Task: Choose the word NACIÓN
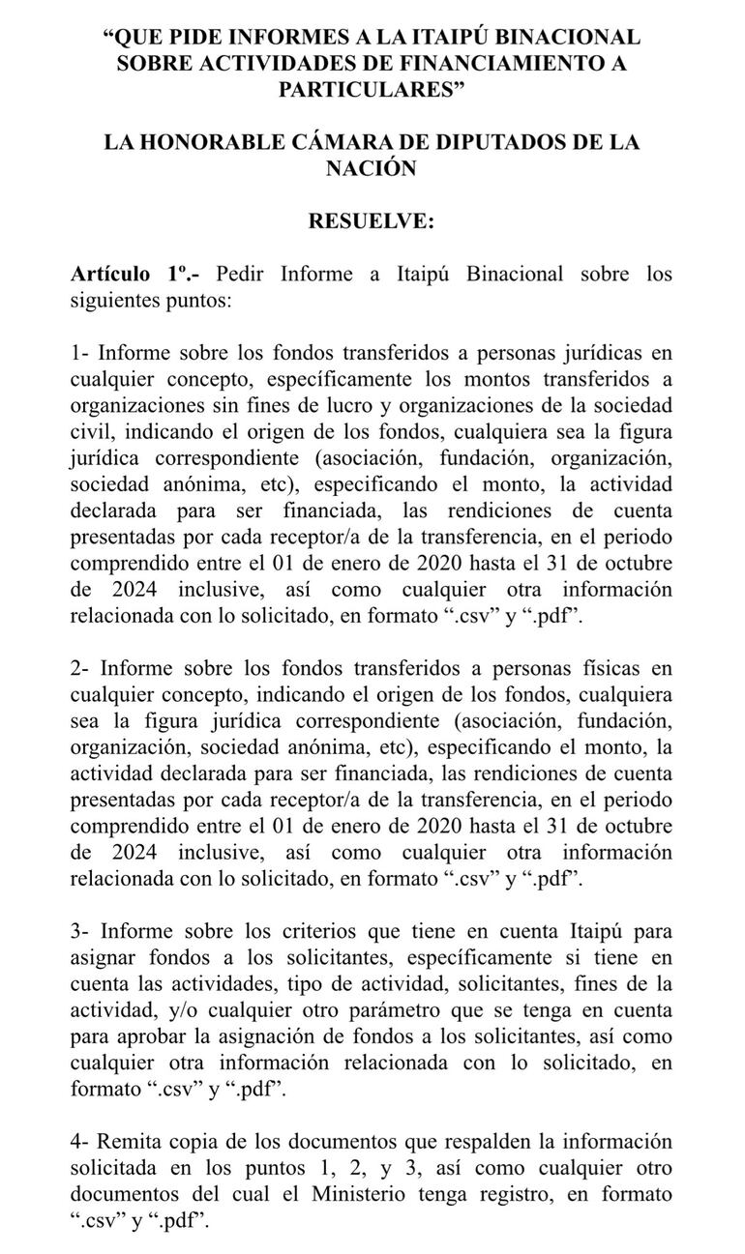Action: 372,167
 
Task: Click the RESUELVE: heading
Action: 372,220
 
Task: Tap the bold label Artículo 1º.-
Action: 135,274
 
